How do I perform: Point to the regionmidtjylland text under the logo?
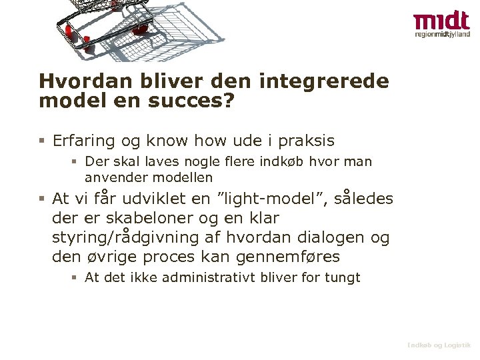[x=441, y=35]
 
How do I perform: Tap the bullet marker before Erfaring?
[x=42, y=141]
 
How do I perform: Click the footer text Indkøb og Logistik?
[x=439, y=345]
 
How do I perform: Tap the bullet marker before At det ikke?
[x=75, y=277]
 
